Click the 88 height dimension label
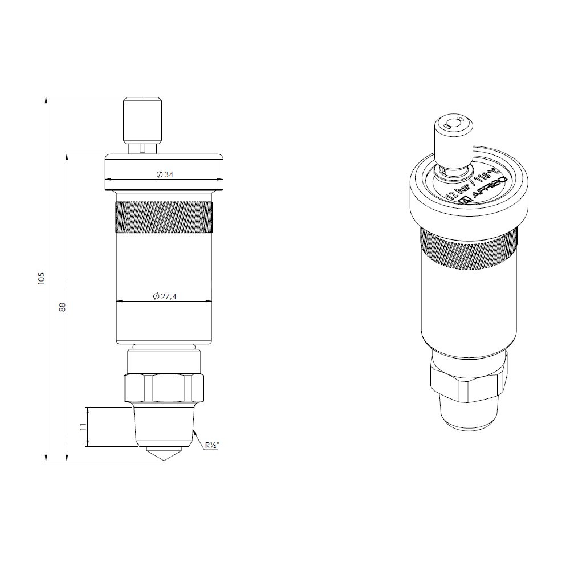pos(63,307)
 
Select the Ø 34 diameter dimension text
pos(165,174)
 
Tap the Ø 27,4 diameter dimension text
pos(165,296)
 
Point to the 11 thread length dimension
pos(83,427)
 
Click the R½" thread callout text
pos(212,445)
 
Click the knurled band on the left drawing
pos(164,217)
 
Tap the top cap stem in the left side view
pos(142,125)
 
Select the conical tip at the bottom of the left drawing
pos(164,454)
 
